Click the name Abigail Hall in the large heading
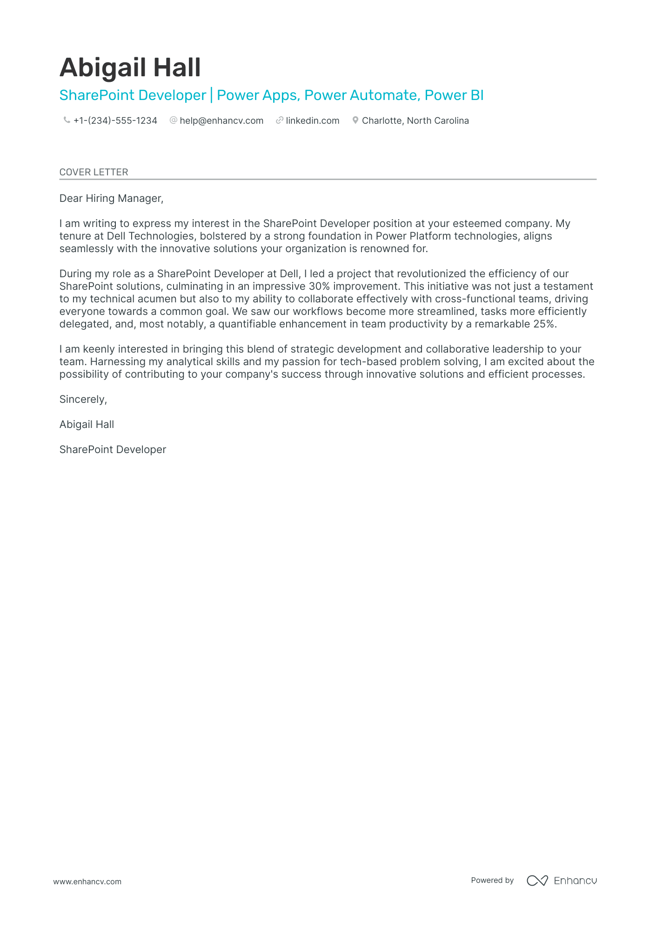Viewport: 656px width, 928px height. pyautogui.click(x=130, y=67)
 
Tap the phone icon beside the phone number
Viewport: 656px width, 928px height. pyautogui.click(x=67, y=120)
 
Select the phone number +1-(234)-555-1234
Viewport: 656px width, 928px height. pyautogui.click(x=115, y=121)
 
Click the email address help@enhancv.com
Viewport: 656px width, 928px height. pyautogui.click(x=221, y=121)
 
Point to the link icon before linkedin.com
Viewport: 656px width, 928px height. pyautogui.click(x=280, y=120)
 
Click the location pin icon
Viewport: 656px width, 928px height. pyautogui.click(x=355, y=120)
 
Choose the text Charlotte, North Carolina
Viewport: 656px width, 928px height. pyautogui.click(x=415, y=121)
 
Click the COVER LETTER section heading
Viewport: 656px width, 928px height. pyautogui.click(x=94, y=172)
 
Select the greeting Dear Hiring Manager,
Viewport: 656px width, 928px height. pyautogui.click(x=111, y=199)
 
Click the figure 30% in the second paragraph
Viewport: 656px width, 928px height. pyautogui.click(x=319, y=287)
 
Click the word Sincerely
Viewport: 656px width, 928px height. pyautogui.click(x=83, y=400)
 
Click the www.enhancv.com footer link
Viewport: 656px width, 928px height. pyautogui.click(x=87, y=881)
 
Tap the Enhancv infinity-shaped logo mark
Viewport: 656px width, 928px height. pyautogui.click(x=537, y=881)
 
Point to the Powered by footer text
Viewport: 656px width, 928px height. pyautogui.click(x=492, y=881)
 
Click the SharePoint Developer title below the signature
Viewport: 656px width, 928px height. pyautogui.click(x=113, y=450)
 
